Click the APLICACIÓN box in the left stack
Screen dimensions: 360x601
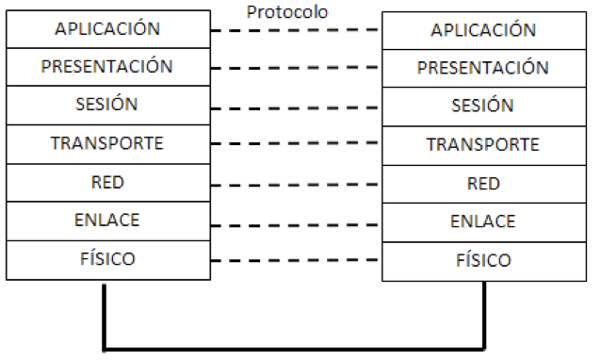pyautogui.click(x=107, y=28)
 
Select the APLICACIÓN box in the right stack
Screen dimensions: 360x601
pyautogui.click(x=483, y=29)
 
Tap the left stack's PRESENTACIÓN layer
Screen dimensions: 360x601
pyautogui.click(x=107, y=66)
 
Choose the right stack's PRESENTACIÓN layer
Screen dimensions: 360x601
pyautogui.click(x=483, y=68)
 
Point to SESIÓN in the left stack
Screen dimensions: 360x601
pyautogui.click(x=107, y=105)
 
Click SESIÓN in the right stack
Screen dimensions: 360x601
pyautogui.click(x=483, y=106)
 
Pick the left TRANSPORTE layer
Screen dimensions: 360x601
pyautogui.click(x=107, y=143)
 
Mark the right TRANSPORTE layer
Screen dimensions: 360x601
pyautogui.click(x=483, y=144)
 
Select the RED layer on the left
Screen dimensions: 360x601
pyautogui.click(x=107, y=182)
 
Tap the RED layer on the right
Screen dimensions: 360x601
pyautogui.click(x=483, y=183)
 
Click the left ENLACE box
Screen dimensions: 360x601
pyautogui.click(x=107, y=220)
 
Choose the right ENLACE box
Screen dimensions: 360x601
pyautogui.click(x=483, y=221)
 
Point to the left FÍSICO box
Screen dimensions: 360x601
pyautogui.click(x=107, y=257)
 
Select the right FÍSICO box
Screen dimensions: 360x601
pyautogui.click(x=483, y=259)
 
